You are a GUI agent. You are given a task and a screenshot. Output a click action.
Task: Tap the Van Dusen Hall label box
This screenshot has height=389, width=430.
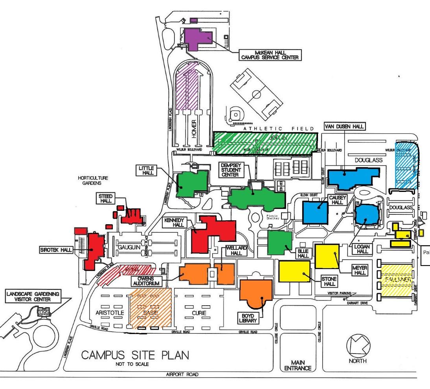click(344, 126)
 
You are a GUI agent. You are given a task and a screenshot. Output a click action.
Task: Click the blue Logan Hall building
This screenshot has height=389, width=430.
click(367, 214)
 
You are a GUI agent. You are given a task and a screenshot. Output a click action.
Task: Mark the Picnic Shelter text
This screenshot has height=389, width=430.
click(273, 217)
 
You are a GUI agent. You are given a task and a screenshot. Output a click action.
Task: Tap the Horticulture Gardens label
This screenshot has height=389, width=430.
click(93, 180)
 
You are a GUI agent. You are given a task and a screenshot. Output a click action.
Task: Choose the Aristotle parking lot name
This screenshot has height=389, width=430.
click(110, 312)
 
